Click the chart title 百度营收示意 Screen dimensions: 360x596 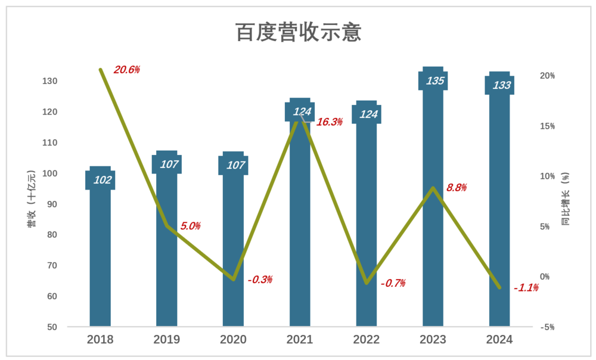(x=299, y=32)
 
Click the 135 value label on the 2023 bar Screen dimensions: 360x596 (x=435, y=80)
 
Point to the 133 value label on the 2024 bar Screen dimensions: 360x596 (x=502, y=85)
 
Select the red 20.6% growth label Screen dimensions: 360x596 (x=126, y=70)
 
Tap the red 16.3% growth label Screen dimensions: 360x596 (x=330, y=122)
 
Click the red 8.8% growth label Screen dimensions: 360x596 (x=456, y=188)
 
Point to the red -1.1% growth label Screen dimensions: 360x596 (x=526, y=288)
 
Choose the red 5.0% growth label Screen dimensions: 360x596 (x=190, y=226)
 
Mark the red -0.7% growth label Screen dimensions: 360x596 (x=393, y=283)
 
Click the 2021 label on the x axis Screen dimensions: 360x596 (x=300, y=340)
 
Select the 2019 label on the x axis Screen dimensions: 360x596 (x=167, y=340)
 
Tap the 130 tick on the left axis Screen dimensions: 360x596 (x=49, y=81)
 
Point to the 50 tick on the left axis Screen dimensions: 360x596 (x=52, y=327)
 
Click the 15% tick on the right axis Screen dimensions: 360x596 (x=547, y=126)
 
